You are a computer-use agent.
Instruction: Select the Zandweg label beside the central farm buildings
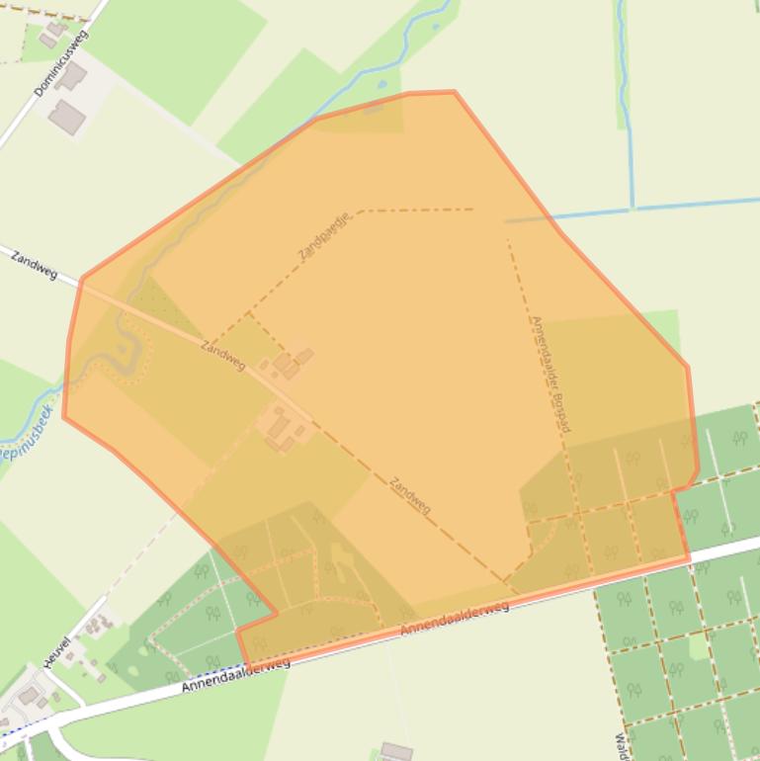tap(222, 355)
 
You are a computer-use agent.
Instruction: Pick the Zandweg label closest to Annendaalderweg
tap(410, 494)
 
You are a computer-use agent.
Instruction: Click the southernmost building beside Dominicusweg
tap(67, 117)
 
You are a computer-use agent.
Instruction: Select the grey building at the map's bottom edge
tap(396, 751)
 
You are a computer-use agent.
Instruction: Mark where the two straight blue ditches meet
tap(633, 208)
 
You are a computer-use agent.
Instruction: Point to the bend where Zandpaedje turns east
tap(360, 211)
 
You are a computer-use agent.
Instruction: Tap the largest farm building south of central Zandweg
tap(278, 426)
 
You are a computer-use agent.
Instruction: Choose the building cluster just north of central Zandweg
tap(290, 363)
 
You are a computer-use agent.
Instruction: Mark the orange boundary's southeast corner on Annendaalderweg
tap(689, 559)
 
